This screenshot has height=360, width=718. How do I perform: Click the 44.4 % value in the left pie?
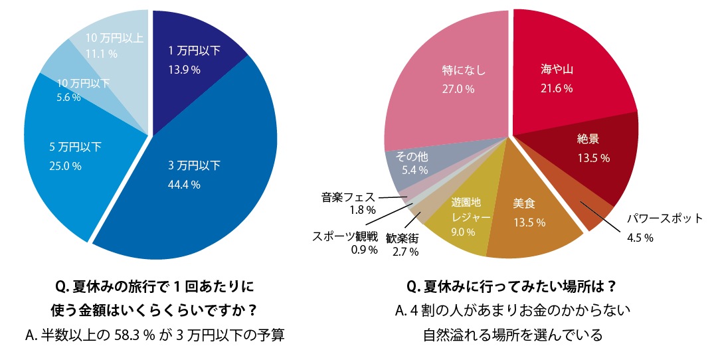[184, 185]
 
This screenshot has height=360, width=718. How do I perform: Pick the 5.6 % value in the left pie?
[69, 97]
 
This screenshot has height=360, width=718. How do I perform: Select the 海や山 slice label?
[557, 70]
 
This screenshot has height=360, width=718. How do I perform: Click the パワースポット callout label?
[665, 219]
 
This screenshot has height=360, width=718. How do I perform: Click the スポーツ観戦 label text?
[345, 235]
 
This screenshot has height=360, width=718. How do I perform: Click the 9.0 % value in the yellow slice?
[464, 232]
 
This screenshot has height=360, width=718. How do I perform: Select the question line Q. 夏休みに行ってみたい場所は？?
[510, 288]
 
